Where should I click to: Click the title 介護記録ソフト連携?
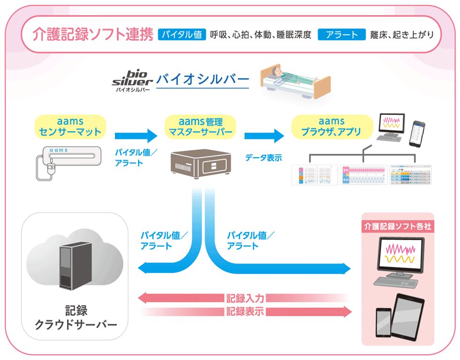[x=93, y=35]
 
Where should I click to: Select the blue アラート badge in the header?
[x=341, y=35]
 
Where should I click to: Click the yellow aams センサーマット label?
[x=70, y=126]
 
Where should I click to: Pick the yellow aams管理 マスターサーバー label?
[x=200, y=126]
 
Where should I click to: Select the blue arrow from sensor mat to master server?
[x=136, y=136]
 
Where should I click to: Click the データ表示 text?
[x=263, y=158]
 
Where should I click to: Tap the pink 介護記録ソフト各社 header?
[x=398, y=226]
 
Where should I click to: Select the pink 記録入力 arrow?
[x=244, y=297]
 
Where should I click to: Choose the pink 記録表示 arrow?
[x=244, y=311]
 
